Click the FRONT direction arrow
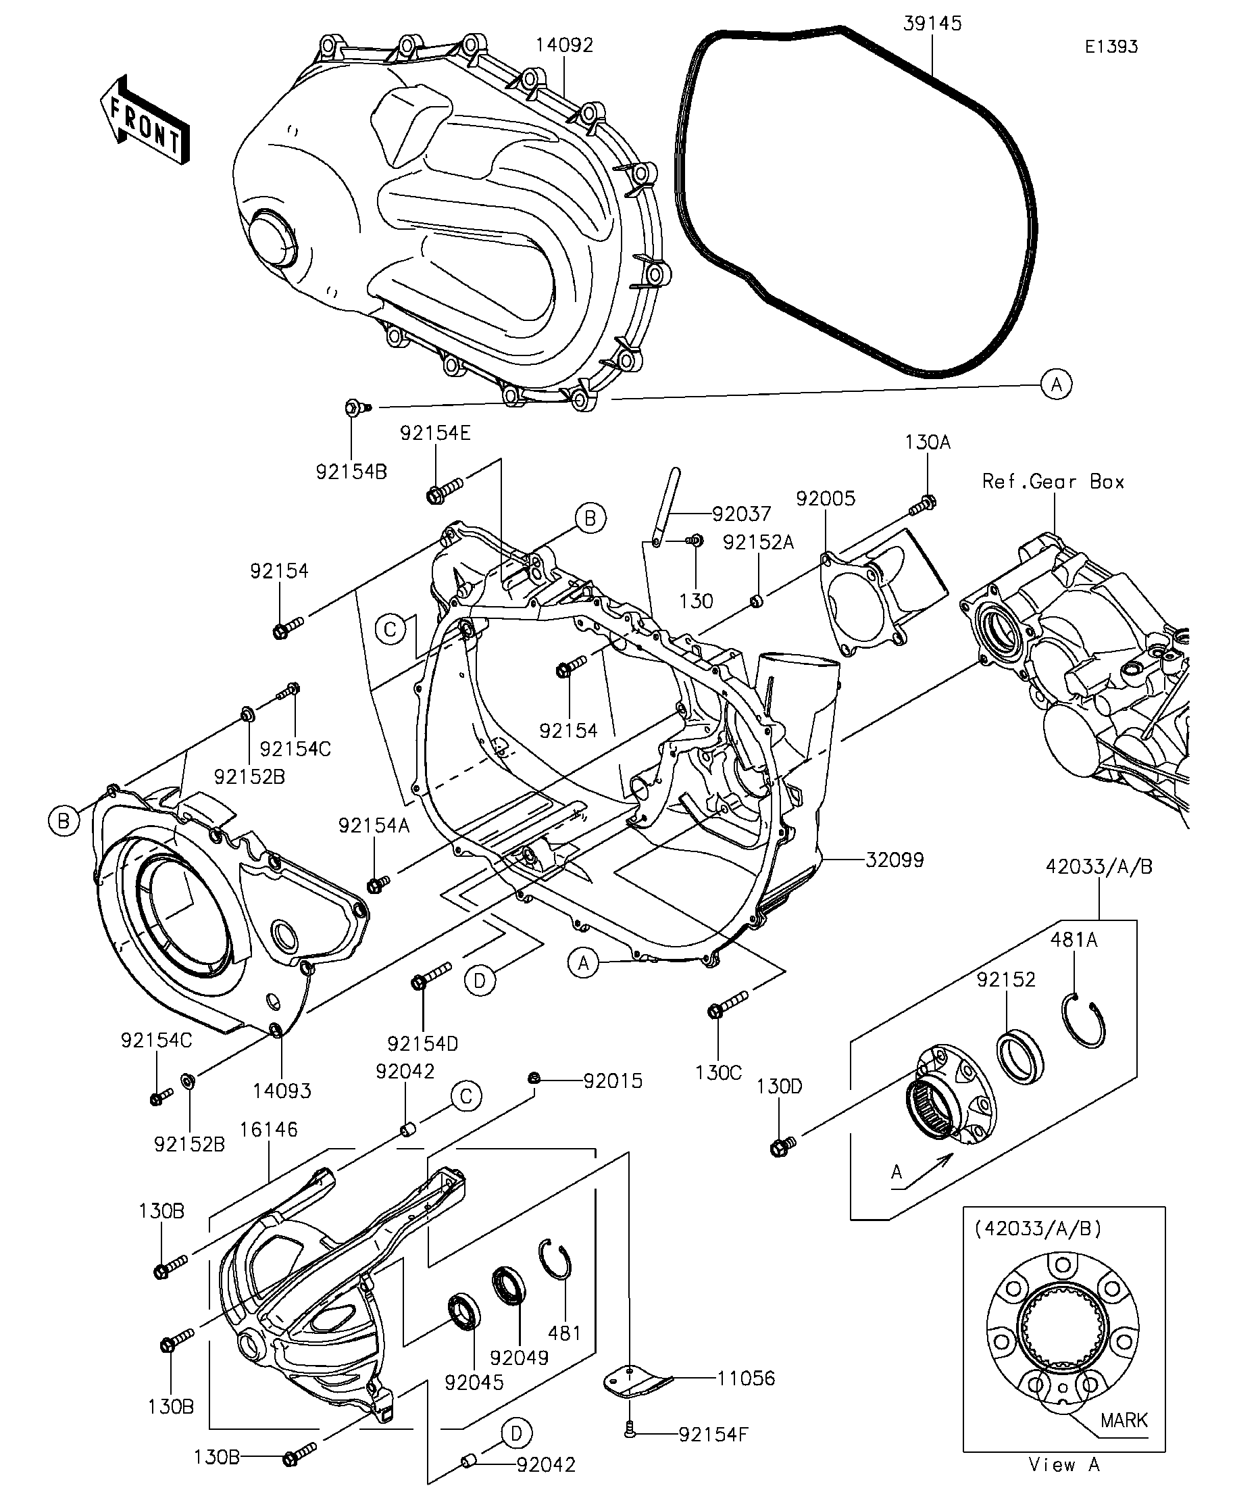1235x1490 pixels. pos(144,120)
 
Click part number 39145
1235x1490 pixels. pos(932,24)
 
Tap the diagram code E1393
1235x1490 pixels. pos(1111,47)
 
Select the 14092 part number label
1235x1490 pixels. pos(564,45)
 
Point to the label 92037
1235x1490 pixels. pos(741,513)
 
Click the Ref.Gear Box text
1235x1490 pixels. pos(1053,482)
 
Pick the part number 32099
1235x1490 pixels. pos(894,860)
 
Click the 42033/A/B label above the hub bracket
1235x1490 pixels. pos(1099,866)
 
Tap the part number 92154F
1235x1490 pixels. pos(713,1434)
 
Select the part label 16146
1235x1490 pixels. pos(269,1129)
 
